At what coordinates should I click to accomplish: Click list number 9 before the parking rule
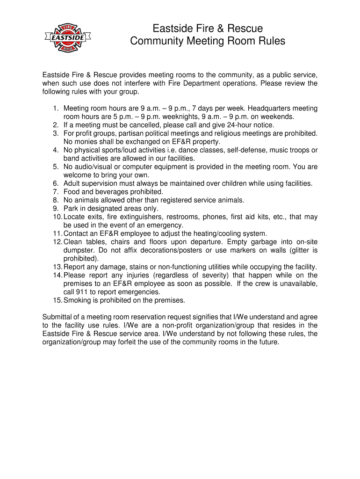[x=55, y=209]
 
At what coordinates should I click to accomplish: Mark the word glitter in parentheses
[x=295, y=250]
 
